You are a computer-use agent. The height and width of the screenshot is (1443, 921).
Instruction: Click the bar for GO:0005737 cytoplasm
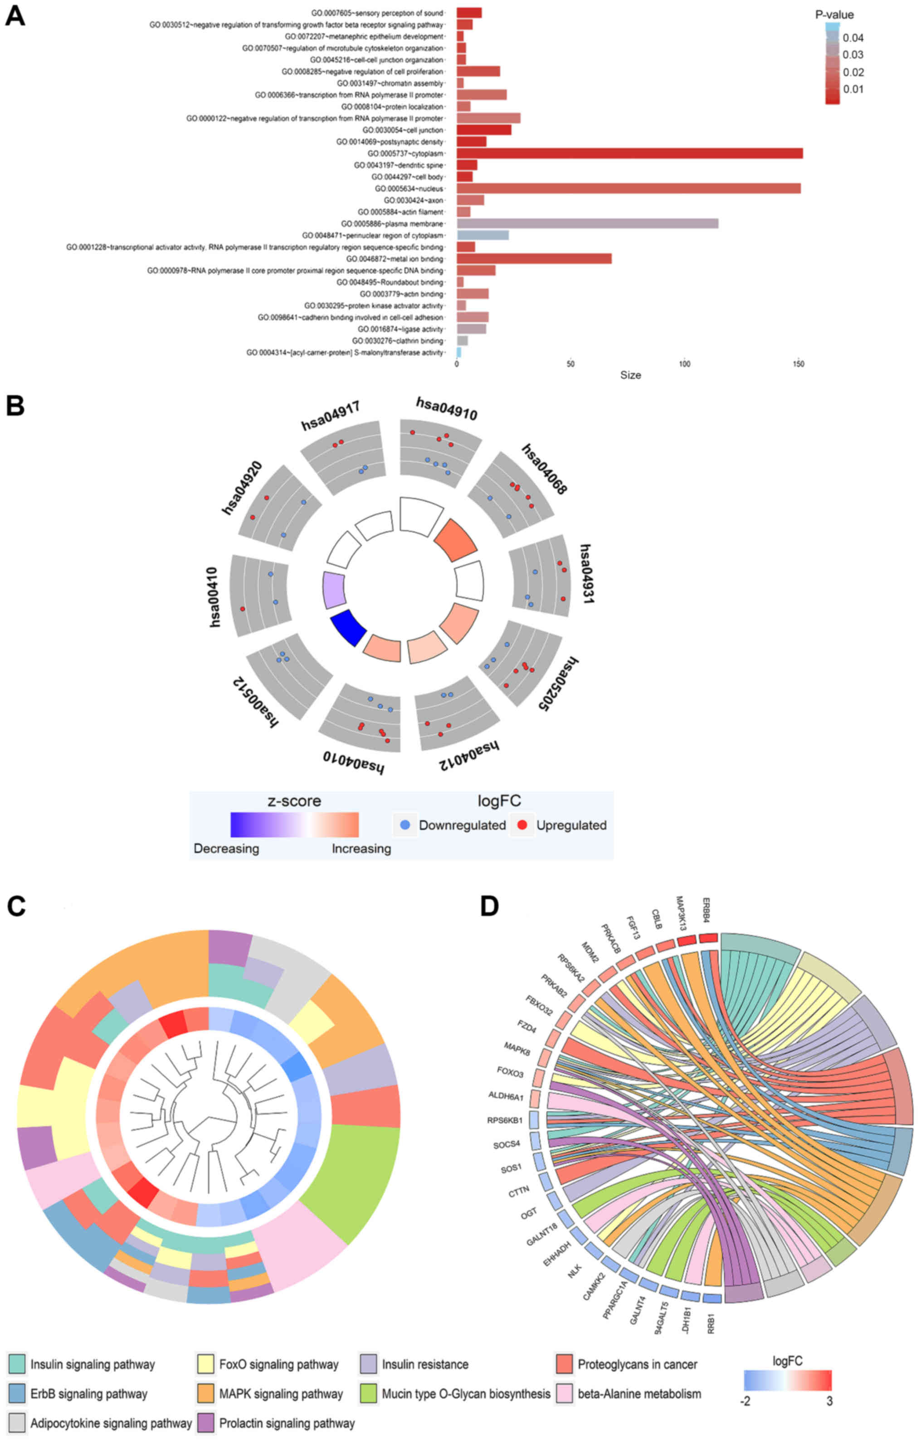coord(629,153)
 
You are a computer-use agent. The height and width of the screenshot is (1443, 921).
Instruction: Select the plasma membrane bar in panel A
coord(588,223)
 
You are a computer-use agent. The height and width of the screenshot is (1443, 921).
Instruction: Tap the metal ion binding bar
coord(534,259)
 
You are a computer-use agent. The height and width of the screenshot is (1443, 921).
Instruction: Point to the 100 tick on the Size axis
coord(684,364)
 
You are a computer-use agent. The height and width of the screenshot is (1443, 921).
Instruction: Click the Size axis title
coord(630,375)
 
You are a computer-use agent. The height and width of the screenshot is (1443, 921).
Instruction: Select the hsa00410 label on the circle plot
coord(214,597)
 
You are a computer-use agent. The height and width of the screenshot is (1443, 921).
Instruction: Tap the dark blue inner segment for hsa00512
coord(348,627)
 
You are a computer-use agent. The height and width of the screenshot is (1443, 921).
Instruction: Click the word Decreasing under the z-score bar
coord(226,848)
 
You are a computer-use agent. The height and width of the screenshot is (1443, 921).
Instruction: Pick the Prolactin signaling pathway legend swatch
coord(206,1423)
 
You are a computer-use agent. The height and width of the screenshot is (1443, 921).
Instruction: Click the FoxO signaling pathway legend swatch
coord(206,1364)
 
